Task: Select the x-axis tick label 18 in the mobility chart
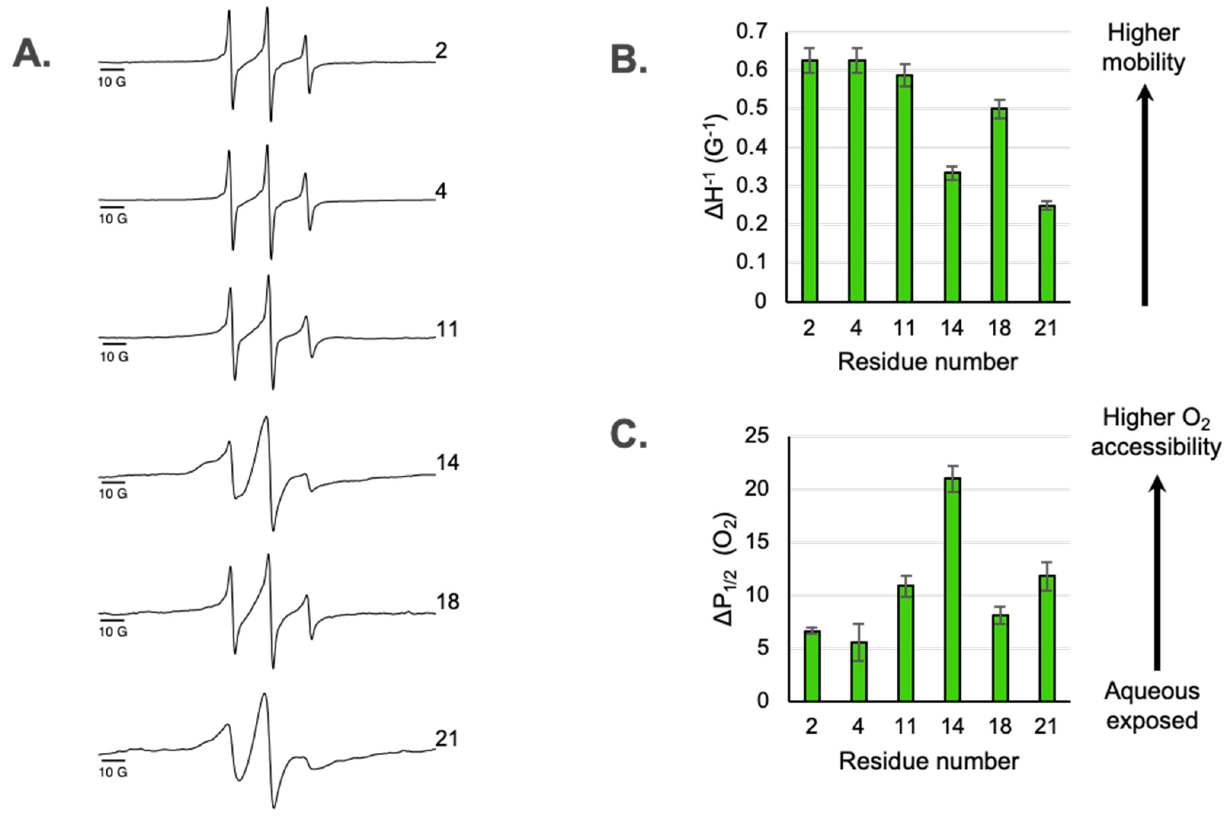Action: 998,328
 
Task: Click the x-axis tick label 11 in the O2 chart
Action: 905,726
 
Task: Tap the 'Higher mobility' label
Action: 1143,48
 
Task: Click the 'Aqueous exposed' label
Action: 1152,705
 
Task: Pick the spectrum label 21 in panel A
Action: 446,739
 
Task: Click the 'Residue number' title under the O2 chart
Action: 928,761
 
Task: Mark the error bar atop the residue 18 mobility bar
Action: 999,109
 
